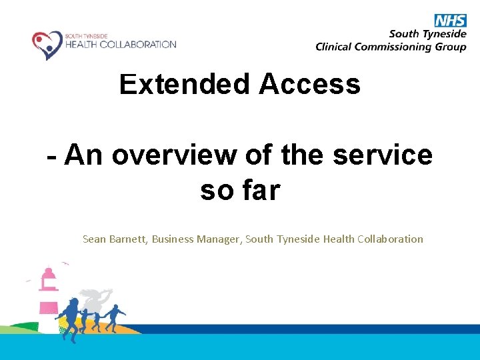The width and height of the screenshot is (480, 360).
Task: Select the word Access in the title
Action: point(309,85)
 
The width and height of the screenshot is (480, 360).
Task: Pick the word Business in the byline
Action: point(173,239)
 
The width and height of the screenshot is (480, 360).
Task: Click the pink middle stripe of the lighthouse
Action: point(49,307)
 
